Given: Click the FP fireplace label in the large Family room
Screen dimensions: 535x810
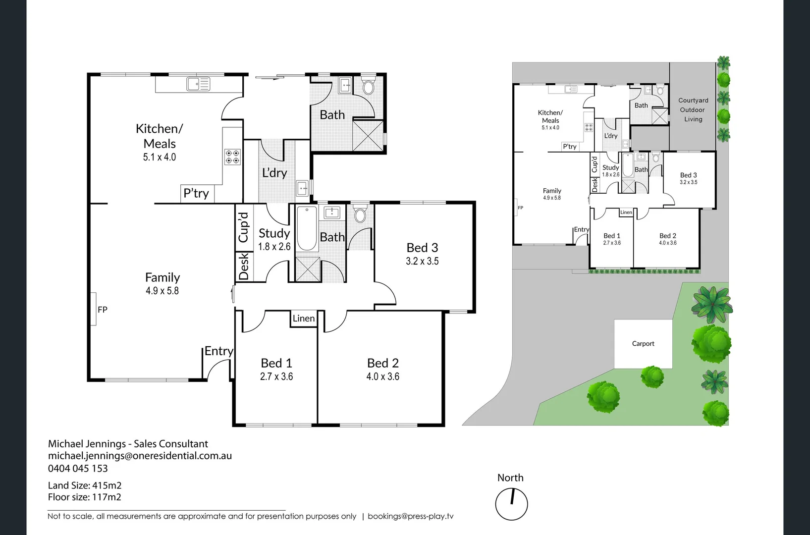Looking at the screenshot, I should (103, 310).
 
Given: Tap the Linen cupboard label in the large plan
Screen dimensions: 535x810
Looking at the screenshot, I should (303, 319).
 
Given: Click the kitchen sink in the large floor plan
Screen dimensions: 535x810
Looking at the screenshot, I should (198, 84).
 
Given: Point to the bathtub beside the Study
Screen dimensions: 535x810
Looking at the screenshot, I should (307, 229).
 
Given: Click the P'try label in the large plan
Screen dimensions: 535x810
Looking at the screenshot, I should (196, 193).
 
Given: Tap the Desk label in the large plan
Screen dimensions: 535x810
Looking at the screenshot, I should (244, 267).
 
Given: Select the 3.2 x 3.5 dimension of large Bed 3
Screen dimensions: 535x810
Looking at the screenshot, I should (422, 261).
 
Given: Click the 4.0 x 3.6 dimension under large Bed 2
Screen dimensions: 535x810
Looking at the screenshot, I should (382, 376).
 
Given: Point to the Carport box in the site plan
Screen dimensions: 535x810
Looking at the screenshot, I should (643, 343).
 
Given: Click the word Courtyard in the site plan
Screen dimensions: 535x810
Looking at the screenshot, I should (693, 100).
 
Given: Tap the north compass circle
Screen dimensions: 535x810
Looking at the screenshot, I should (511, 504).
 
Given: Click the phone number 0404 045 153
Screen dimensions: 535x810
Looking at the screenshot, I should (78, 468).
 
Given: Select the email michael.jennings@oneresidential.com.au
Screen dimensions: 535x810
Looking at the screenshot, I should (140, 456).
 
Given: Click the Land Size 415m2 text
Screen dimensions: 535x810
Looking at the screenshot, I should (85, 485).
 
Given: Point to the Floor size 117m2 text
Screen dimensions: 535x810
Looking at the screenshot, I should (85, 497).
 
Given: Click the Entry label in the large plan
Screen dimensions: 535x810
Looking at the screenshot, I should (218, 351).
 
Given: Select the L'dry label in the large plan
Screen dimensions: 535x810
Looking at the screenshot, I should (274, 173).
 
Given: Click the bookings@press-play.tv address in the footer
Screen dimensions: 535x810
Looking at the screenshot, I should (410, 516).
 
